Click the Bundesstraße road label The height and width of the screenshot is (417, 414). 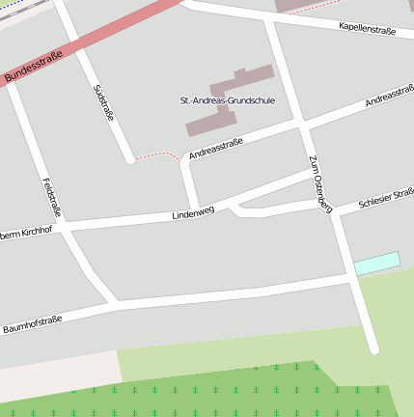tap(33, 67)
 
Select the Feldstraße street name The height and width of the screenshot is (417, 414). tap(52, 197)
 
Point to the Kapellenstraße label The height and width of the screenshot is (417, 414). tap(368, 30)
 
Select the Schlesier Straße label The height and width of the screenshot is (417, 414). tap(386, 199)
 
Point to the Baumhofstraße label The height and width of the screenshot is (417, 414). tap(32, 323)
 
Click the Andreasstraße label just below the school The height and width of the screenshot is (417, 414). tap(215, 149)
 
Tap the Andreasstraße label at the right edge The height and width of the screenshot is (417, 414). tap(390, 97)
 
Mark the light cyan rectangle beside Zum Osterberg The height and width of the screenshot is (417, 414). tap(376, 262)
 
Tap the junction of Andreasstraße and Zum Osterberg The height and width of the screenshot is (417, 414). tap(303, 125)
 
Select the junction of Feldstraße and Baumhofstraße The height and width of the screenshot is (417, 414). tap(114, 305)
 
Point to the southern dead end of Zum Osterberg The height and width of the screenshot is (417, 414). tap(373, 348)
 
